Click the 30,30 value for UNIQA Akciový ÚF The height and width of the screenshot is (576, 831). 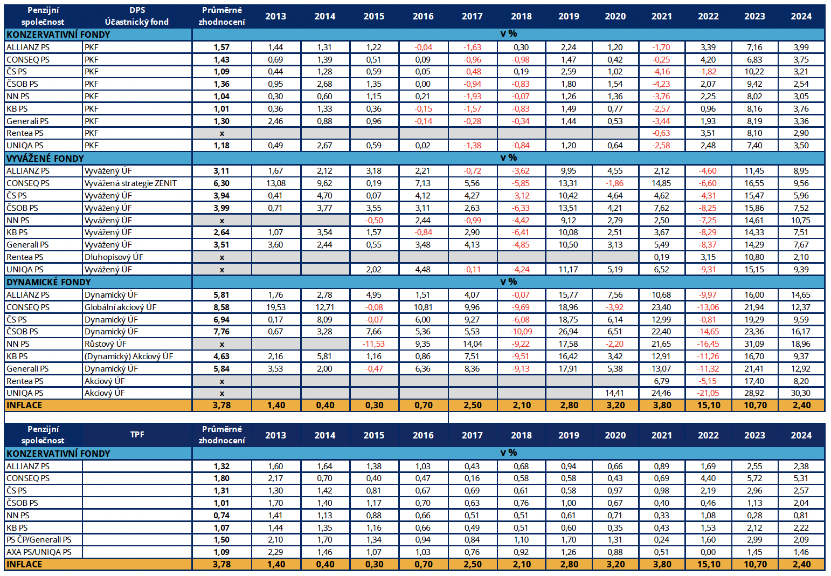click(x=801, y=393)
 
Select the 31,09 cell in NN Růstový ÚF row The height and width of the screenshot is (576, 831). click(x=754, y=344)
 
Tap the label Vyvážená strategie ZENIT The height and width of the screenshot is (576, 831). click(x=130, y=183)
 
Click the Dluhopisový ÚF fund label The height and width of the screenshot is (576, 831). click(x=114, y=257)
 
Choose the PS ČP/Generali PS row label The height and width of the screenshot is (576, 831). click(x=39, y=540)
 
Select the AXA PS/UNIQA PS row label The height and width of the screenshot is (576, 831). click(x=39, y=552)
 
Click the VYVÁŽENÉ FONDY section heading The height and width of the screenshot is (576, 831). click(x=45, y=159)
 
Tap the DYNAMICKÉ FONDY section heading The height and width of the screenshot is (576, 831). click(x=49, y=282)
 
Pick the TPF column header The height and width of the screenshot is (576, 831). click(x=137, y=435)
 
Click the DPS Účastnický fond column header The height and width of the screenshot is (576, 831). click(x=137, y=16)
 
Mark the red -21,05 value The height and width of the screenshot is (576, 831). click(x=708, y=393)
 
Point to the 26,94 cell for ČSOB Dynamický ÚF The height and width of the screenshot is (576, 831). click(x=569, y=331)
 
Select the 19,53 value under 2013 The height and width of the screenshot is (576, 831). click(x=275, y=307)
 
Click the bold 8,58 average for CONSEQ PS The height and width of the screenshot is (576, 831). click(x=221, y=307)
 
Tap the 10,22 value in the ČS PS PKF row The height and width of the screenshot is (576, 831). click(x=754, y=71)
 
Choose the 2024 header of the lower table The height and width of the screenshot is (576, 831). click(x=801, y=435)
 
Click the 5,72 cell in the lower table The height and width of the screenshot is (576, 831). click(x=754, y=478)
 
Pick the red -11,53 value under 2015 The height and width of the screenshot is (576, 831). click(x=373, y=344)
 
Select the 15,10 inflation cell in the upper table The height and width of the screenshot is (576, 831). click(x=709, y=405)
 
